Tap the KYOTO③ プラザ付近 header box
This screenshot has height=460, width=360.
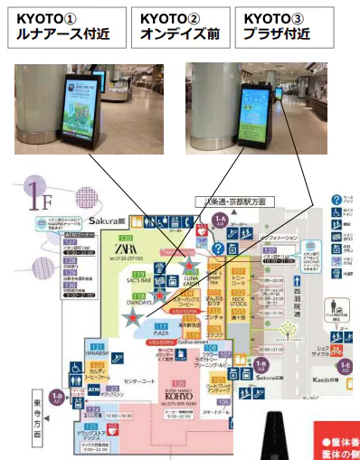(288, 26)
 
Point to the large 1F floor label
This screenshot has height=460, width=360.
(41, 192)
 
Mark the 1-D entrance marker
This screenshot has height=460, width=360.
(57, 396)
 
